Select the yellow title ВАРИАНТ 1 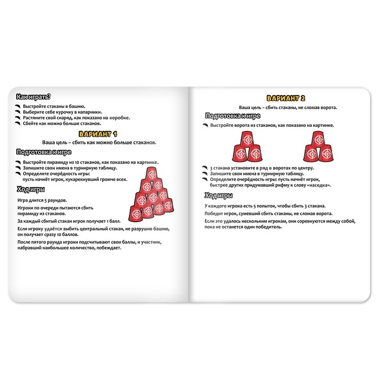[x=98, y=133]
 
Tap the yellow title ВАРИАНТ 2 [x=287, y=98]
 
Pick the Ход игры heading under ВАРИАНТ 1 [x=31, y=190]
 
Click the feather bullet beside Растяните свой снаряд [x=19, y=118]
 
